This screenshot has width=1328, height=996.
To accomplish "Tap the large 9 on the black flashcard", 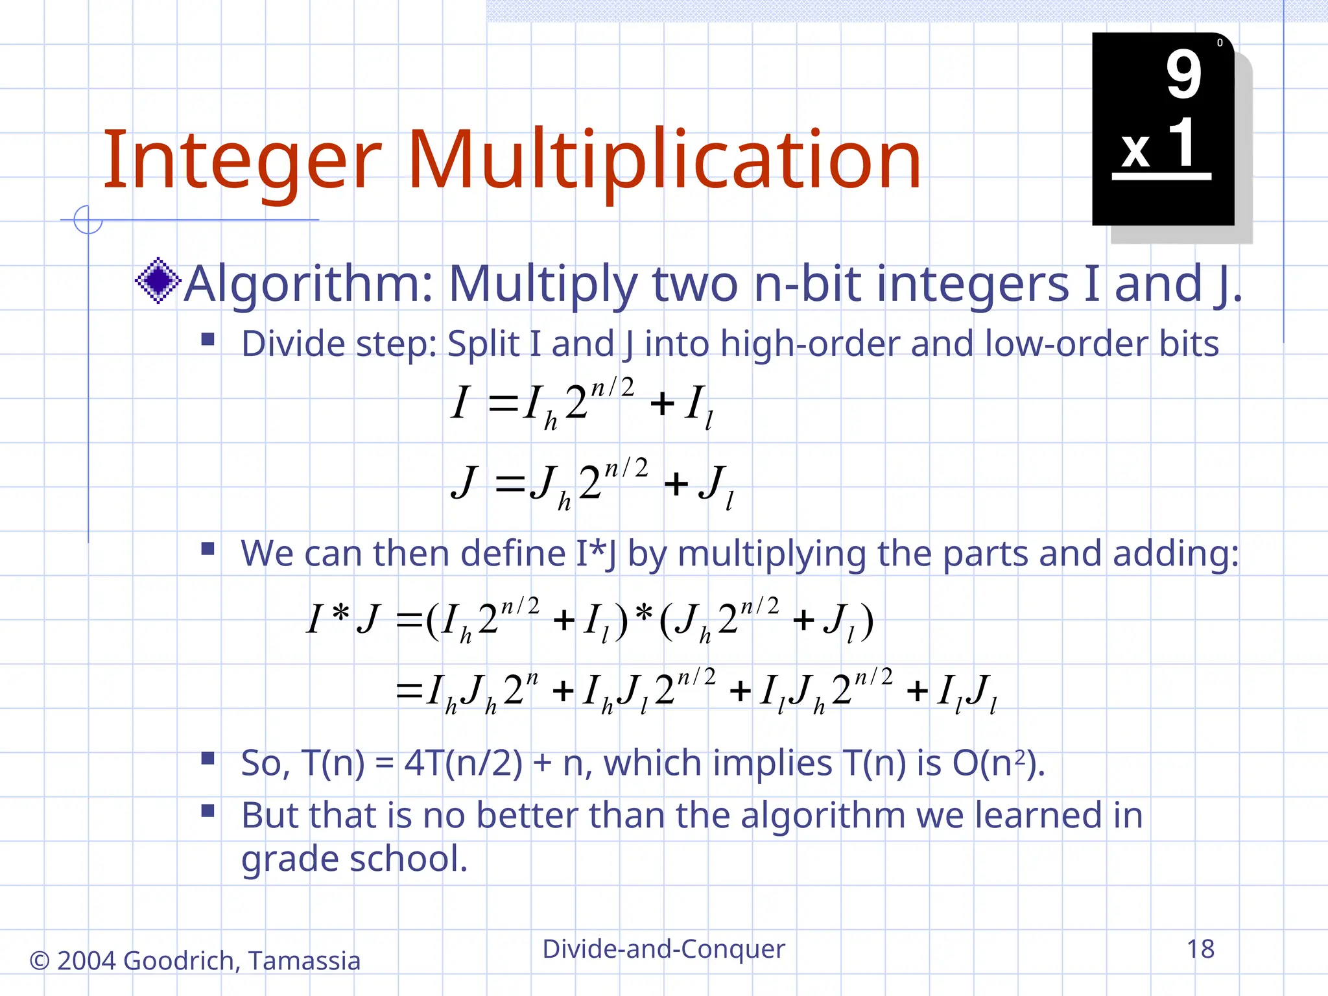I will click(1183, 75).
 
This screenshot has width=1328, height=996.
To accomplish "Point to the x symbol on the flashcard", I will click(1135, 150).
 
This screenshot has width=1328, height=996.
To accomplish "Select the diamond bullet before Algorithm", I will click(158, 281).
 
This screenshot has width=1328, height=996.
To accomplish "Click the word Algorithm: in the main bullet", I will click(309, 284).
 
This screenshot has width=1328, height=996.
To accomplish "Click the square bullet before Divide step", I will click(207, 339).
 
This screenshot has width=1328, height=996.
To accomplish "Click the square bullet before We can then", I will click(207, 549).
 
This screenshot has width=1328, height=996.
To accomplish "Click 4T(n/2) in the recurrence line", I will click(463, 763).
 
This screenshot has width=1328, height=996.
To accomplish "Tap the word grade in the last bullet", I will click(290, 860).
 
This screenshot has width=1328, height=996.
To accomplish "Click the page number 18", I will click(1200, 949).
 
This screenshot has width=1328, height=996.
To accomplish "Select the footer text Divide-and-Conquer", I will click(663, 949).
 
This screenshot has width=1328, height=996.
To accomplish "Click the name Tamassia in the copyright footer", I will click(304, 961).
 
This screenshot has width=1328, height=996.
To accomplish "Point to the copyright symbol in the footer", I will click(40, 961).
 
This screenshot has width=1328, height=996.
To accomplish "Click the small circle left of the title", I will click(88, 220).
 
